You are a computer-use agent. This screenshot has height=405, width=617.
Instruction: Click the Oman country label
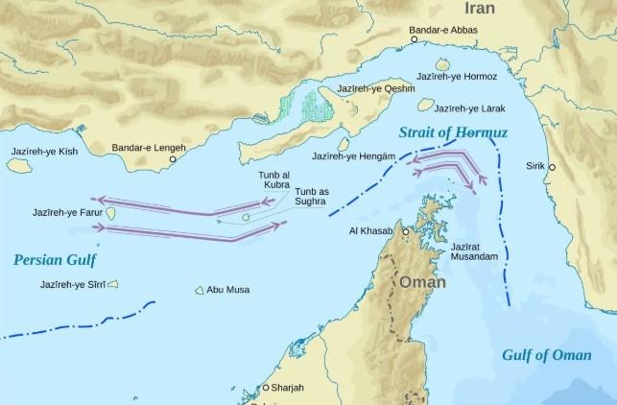point(422,283)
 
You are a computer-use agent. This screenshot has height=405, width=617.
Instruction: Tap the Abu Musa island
point(200,289)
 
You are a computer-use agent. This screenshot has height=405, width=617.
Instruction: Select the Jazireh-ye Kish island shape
point(17,165)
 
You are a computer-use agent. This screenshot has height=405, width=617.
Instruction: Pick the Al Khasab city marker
point(405,232)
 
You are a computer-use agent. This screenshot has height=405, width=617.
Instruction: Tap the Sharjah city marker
point(265,387)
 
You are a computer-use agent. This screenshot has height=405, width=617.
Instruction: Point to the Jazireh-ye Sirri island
point(112,284)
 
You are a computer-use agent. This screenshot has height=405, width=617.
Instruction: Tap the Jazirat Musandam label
point(473,252)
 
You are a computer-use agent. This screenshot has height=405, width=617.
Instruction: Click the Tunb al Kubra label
point(274,179)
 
